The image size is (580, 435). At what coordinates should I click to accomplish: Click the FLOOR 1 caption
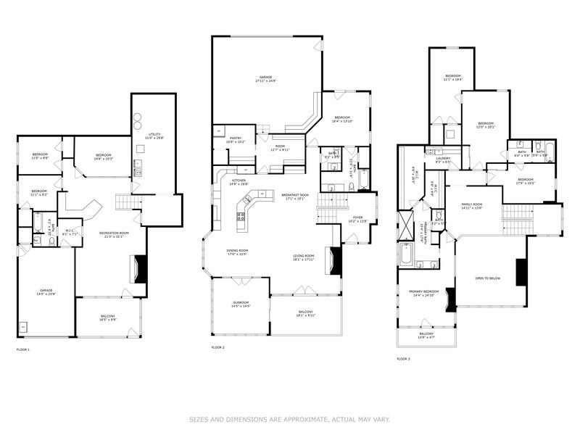click(x=22, y=349)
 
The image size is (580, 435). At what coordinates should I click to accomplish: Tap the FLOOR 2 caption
click(x=218, y=347)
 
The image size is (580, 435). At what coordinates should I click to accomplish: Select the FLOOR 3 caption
click(x=404, y=359)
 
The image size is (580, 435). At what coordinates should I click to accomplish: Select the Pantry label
click(x=236, y=140)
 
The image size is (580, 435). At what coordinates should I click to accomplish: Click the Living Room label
click(x=303, y=257)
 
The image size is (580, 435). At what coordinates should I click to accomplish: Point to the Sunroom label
click(x=240, y=304)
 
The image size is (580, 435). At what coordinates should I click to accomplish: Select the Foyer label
click(x=358, y=218)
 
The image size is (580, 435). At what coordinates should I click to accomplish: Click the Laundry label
click(x=443, y=160)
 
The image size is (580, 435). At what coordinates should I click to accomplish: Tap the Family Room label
click(x=472, y=207)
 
